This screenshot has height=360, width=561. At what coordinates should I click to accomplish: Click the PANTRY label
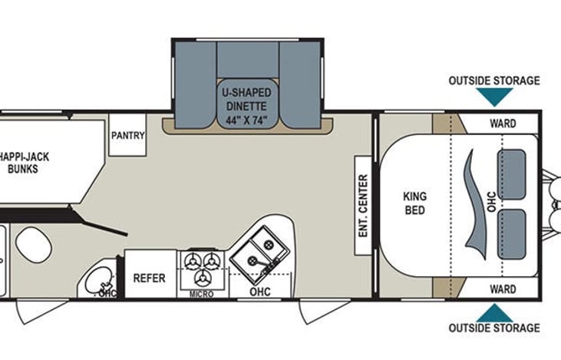128,135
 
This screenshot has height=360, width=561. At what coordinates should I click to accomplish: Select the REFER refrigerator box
150,277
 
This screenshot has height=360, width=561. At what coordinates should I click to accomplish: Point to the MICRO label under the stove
201,294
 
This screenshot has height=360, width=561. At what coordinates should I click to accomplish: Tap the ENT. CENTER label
363,204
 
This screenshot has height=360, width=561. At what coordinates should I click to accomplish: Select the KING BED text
414,203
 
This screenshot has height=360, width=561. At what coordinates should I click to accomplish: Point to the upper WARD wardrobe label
503,123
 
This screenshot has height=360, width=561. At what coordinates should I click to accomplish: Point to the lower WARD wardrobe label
503,289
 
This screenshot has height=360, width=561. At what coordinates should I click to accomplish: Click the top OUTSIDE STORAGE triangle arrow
494,96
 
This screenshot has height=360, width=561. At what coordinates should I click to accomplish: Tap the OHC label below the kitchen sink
259,292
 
